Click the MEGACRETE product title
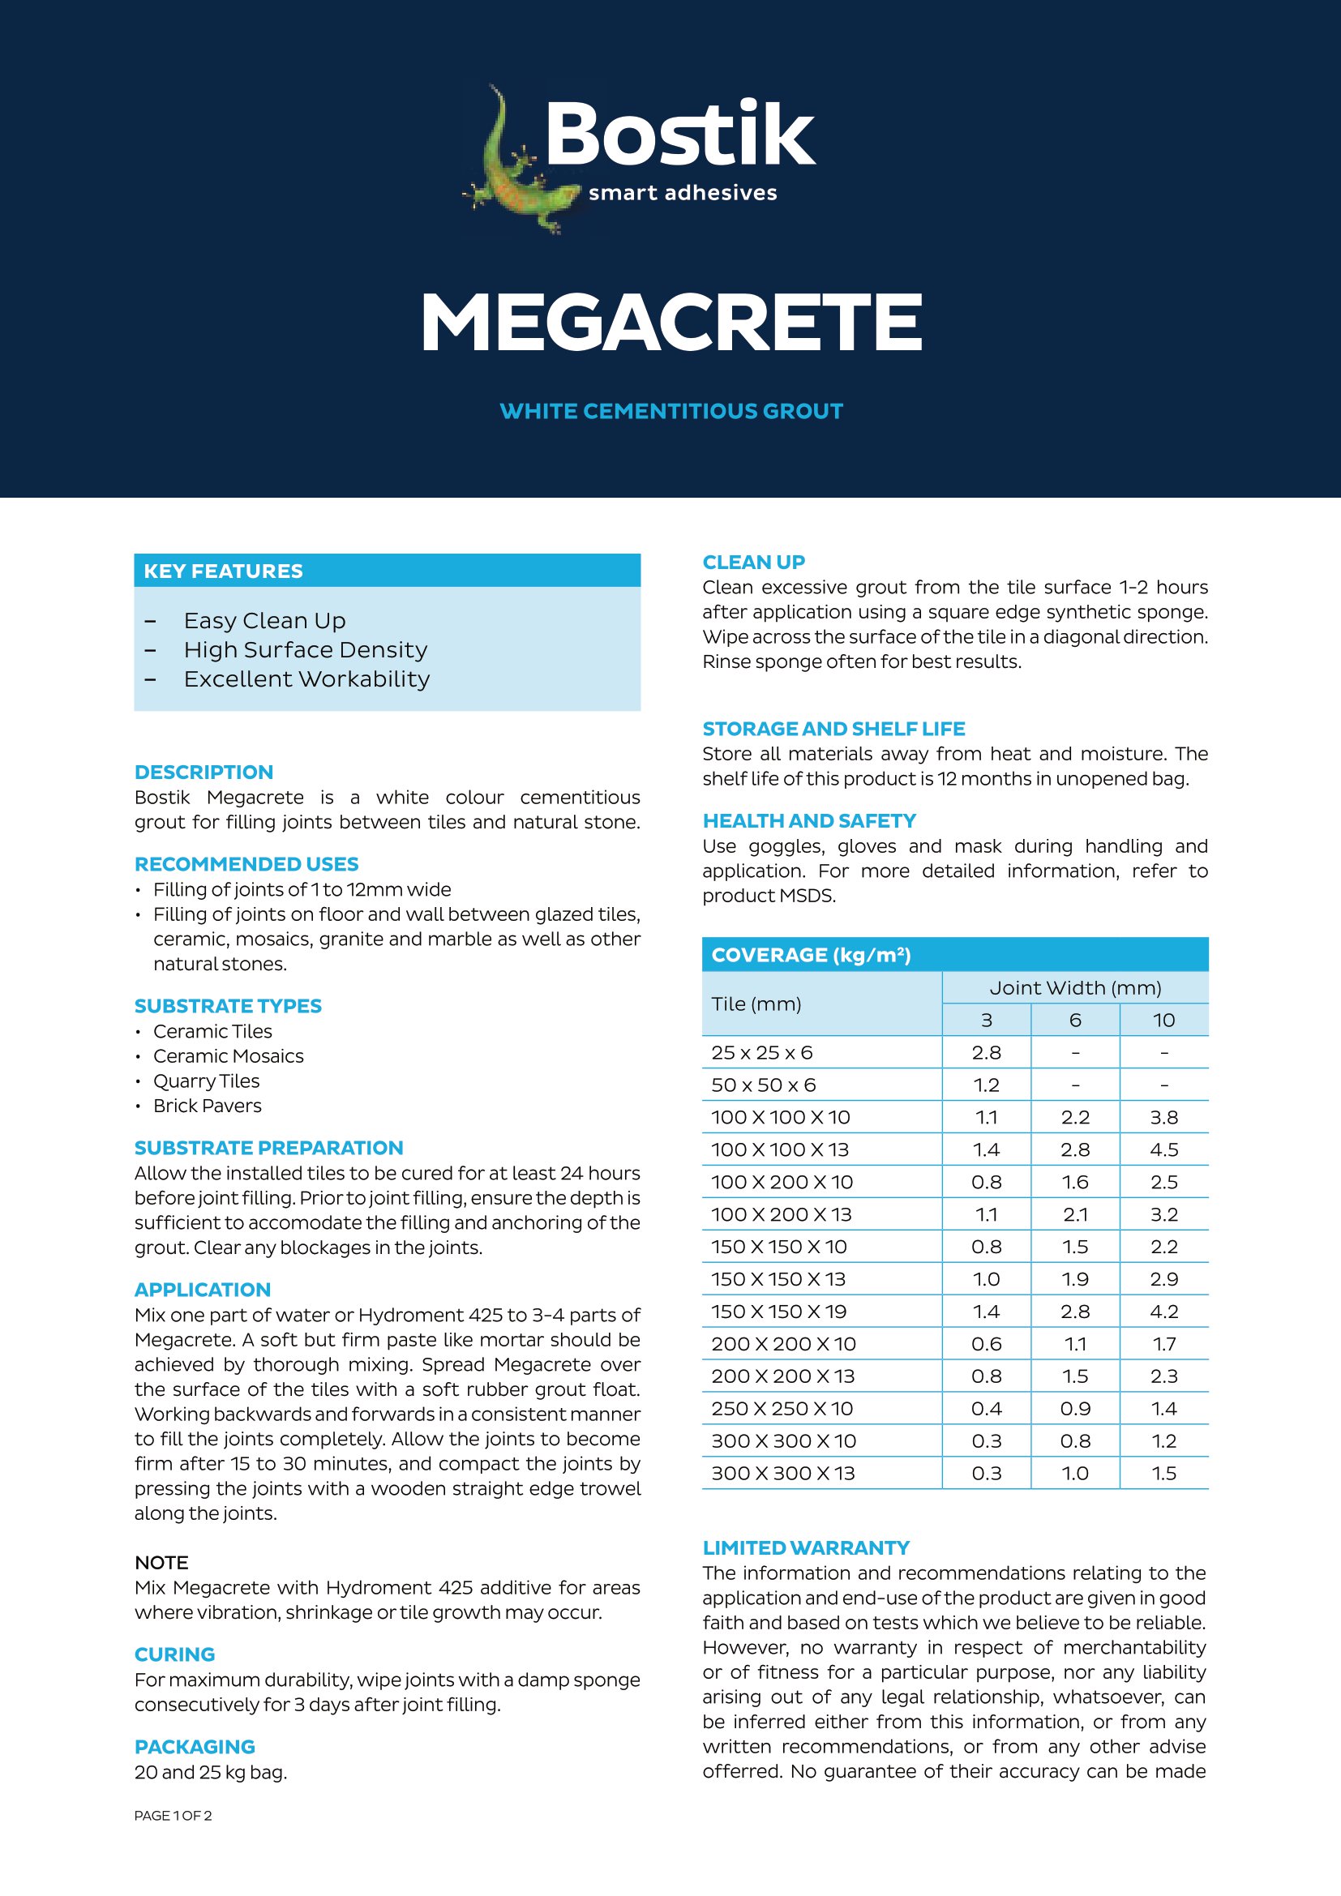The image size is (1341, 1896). pos(670,323)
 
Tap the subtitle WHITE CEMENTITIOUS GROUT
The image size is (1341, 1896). pos(670,411)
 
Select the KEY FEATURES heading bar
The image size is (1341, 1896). pos(387,571)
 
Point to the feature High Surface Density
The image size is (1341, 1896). pos(306,650)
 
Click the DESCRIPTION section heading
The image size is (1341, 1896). pos(204,773)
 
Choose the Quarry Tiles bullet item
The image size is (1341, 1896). pos(207,1081)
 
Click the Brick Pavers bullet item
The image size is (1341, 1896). pos(208,1106)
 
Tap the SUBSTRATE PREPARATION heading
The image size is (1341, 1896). pos(268,1148)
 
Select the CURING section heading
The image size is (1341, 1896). pos(174,1654)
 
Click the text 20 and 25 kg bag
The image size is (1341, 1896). pos(211,1772)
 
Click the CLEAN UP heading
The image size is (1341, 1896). pos(753,563)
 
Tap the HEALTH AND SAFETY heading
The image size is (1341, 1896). pos(809,821)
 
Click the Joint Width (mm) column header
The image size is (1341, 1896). pos(1075,987)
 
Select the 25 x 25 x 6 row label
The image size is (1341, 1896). pos(761,1053)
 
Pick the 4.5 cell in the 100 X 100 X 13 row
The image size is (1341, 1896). pos(1163,1149)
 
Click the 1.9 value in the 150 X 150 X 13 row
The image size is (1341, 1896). pos(1075,1279)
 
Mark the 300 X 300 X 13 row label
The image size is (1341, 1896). pos(783,1473)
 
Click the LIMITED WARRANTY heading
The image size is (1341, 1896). pos(806,1547)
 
